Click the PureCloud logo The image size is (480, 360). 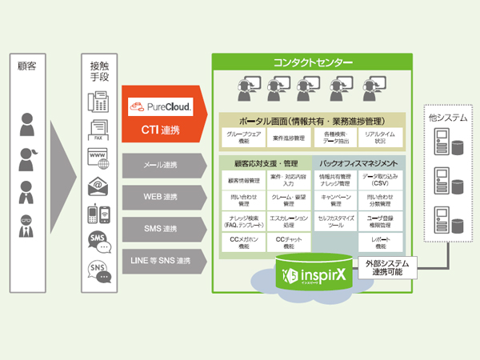159,105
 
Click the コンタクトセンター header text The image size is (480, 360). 311,62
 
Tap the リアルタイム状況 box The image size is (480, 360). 380,138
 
